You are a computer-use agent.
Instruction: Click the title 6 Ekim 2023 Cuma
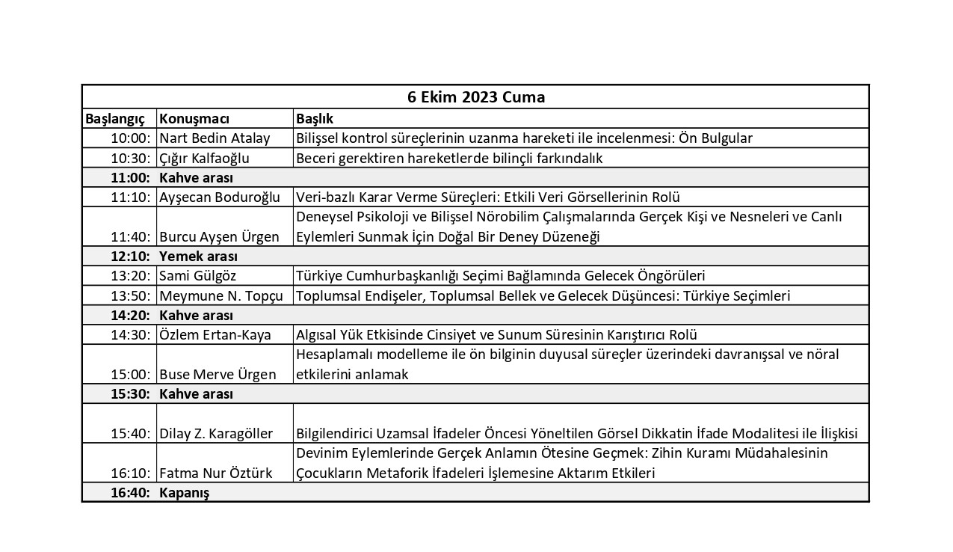[475, 97]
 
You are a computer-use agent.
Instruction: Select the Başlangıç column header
[114, 119]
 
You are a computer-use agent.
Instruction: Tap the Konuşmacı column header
[194, 119]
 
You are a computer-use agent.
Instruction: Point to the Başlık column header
[315, 119]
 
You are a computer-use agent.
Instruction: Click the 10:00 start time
[131, 138]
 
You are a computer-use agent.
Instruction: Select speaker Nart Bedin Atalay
[215, 138]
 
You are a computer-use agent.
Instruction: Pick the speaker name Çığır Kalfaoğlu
[204, 158]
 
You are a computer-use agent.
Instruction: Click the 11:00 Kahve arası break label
[196, 178]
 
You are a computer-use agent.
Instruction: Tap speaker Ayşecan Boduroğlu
[220, 197]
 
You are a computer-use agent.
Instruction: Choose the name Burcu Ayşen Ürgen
[219, 237]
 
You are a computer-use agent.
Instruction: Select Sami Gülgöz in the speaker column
[197, 276]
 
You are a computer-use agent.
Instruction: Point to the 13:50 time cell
[131, 296]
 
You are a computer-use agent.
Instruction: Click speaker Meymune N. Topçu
[221, 296]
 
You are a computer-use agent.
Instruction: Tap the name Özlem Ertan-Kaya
[215, 335]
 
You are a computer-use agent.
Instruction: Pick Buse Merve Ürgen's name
[218, 375]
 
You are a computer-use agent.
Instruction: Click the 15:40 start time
[131, 434]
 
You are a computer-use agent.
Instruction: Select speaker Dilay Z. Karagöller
[216, 434]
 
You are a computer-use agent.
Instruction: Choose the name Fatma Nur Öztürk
[215, 473]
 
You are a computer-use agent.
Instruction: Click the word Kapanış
[184, 493]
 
